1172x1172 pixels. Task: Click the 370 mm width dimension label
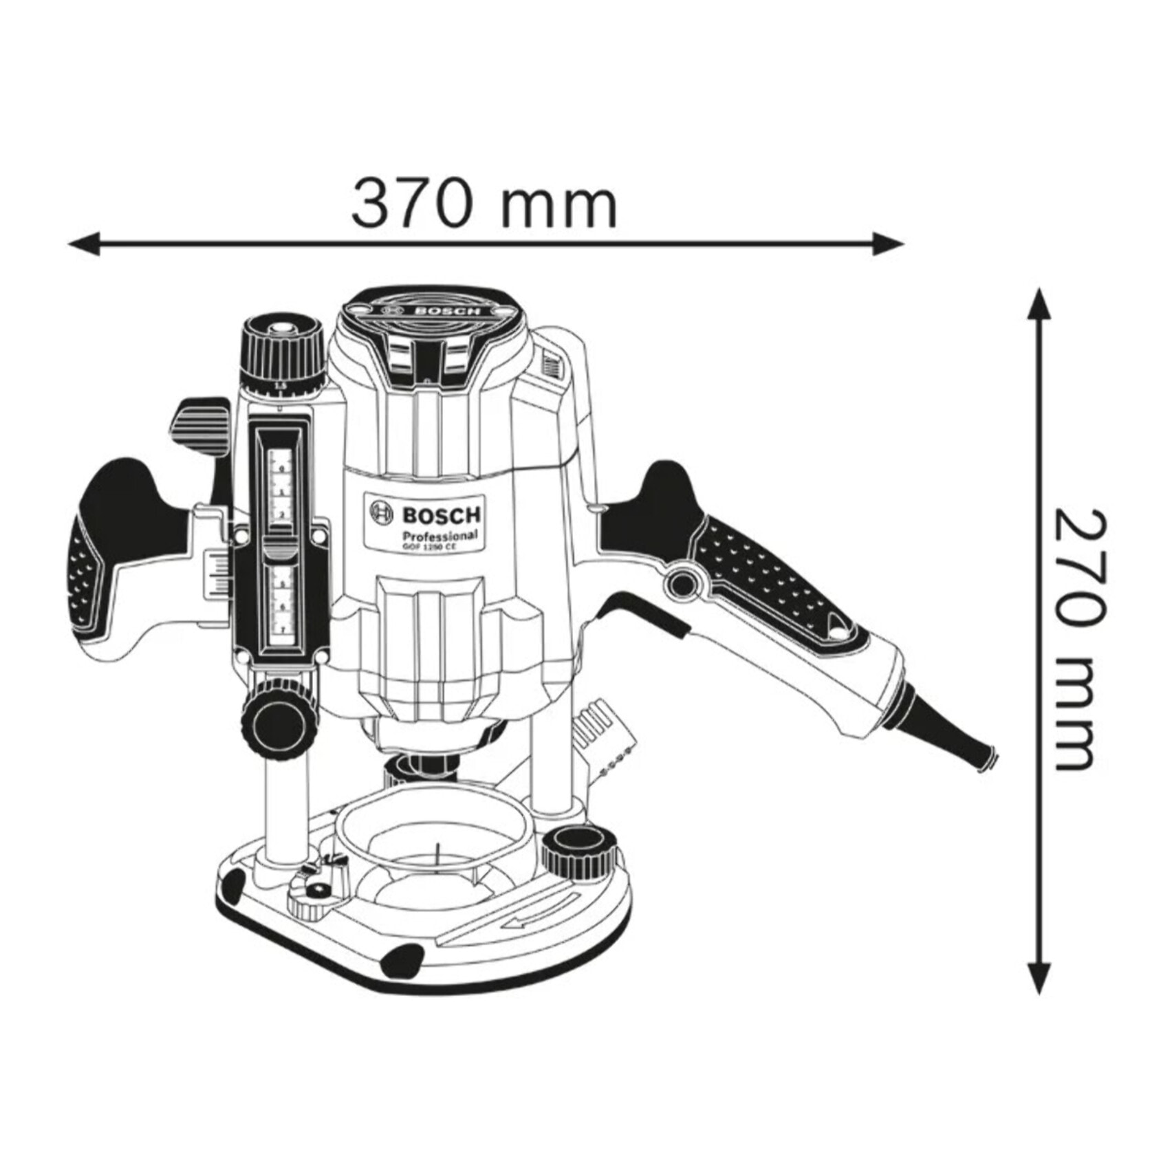(x=484, y=204)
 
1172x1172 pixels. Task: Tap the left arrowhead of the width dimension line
(x=84, y=243)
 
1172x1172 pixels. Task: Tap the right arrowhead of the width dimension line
(x=887, y=243)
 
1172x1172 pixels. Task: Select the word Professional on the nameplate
(x=440, y=536)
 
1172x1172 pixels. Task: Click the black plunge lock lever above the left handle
(x=202, y=426)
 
